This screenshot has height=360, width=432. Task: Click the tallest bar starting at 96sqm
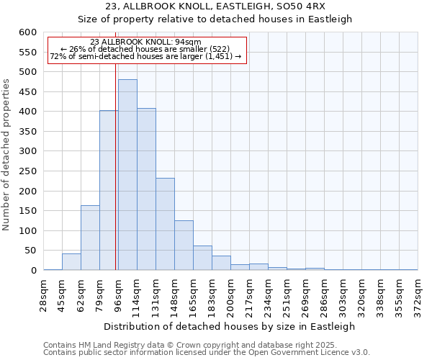127,175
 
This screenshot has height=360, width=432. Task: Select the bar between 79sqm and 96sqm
108,191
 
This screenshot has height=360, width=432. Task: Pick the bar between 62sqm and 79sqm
90,238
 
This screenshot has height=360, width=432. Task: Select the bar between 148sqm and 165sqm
184,246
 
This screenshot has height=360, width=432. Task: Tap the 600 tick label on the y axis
27,32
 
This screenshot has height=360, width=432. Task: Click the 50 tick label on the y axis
30,251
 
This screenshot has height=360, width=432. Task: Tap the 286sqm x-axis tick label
324,295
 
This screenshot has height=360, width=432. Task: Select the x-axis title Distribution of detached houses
230,326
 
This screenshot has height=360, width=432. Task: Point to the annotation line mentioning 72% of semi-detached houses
146,56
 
